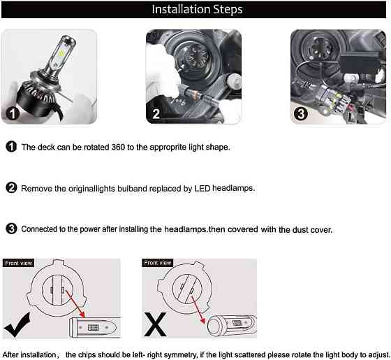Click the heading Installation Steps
click(197, 10)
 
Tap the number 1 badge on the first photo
click(13, 113)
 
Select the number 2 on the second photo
click(156, 114)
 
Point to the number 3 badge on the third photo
click(301, 114)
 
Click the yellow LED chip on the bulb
click(61, 53)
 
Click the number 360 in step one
click(118, 147)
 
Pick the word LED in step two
click(202, 189)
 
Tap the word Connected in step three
click(39, 229)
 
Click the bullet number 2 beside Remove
click(11, 188)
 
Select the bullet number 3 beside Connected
click(11, 229)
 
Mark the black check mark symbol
click(17, 325)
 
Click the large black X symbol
click(155, 324)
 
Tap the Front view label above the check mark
click(18, 263)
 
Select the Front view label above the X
click(158, 263)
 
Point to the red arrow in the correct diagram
click(75, 303)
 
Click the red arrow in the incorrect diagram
click(198, 310)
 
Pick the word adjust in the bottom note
click(379, 355)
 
